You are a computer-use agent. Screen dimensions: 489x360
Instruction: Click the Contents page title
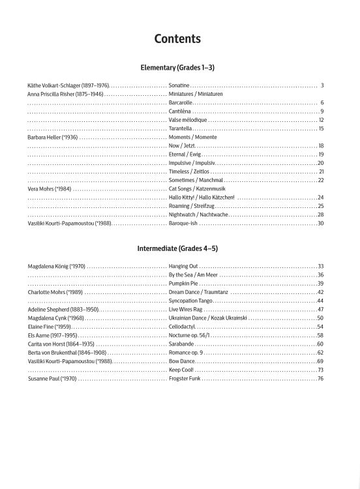(x=177, y=39)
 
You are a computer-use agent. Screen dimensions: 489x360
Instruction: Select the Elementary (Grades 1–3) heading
(x=177, y=67)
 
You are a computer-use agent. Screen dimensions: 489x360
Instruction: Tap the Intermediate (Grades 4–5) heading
(x=177, y=248)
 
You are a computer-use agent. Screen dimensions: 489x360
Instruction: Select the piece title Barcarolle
(x=181, y=103)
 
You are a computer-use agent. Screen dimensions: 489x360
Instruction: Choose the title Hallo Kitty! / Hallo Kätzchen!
(x=202, y=197)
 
